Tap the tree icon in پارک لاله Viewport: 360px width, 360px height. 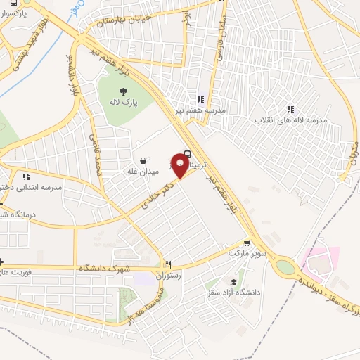[124, 91]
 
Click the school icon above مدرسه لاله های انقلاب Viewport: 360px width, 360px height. [290, 109]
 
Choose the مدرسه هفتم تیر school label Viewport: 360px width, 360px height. [201, 110]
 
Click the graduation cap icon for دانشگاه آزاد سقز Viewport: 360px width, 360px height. [232, 282]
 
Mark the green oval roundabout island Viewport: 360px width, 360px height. [285, 267]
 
